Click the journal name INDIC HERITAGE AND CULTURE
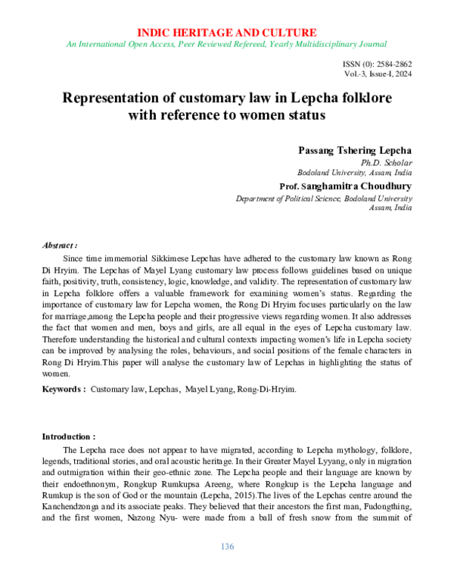[x=227, y=32]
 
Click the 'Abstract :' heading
[x=60, y=246]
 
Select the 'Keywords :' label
[x=63, y=388]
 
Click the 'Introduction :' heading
[x=68, y=436]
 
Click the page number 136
[x=227, y=547]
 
